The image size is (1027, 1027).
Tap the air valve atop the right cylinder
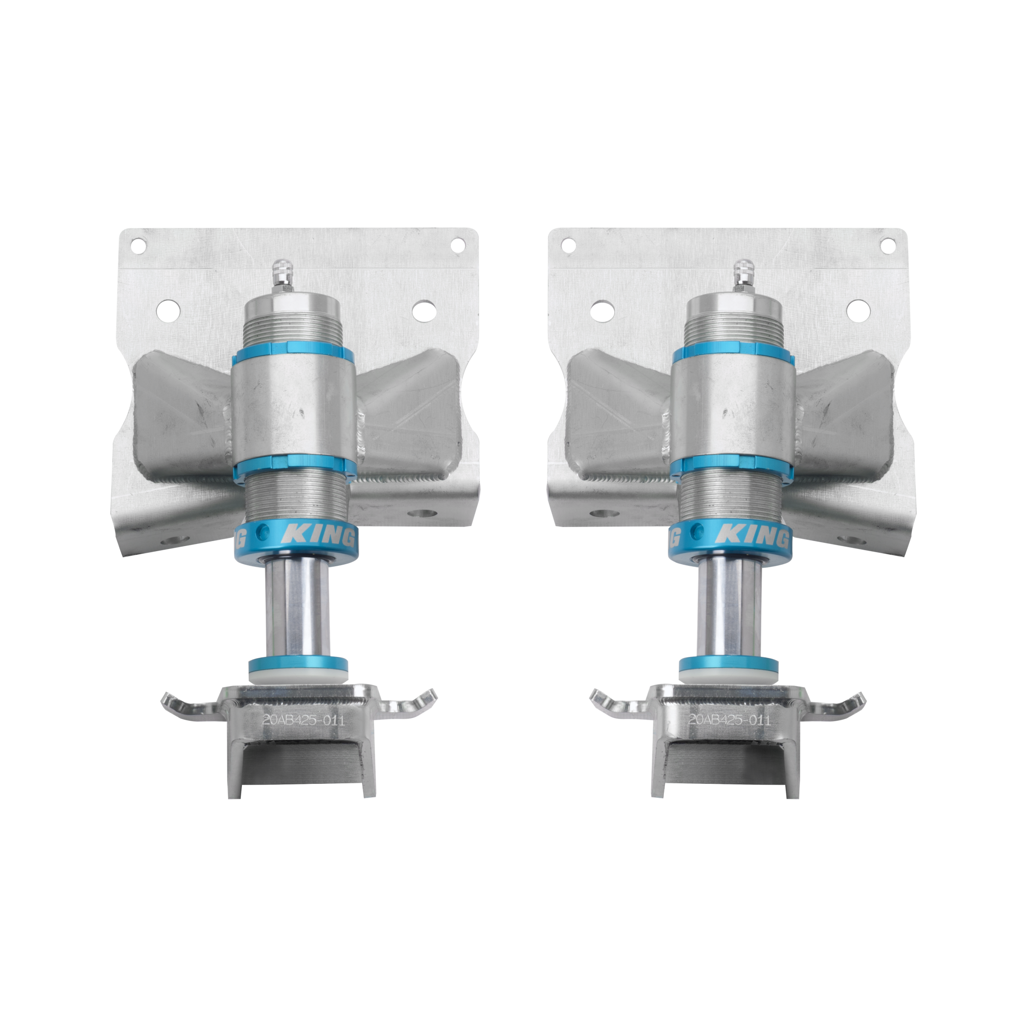click(742, 274)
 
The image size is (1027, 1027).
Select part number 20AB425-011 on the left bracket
click(303, 720)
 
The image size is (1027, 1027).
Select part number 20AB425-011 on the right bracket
click(729, 720)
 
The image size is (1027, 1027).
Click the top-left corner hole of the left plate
click(138, 246)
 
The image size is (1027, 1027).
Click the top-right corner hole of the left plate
click(457, 245)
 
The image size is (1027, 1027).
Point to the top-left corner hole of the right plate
click(568, 245)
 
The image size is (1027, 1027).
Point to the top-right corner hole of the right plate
click(888, 245)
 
